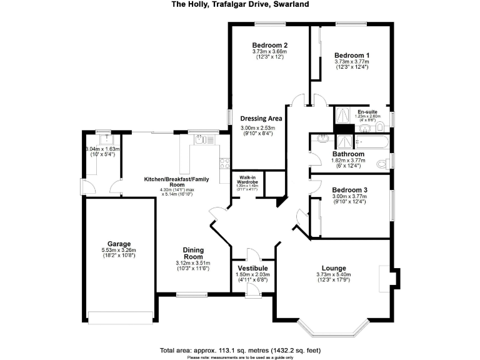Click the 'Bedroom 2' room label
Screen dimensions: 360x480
click(269, 45)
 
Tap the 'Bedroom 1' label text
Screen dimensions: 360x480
click(351, 54)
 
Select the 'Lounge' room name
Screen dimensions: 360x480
click(333, 267)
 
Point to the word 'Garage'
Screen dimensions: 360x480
click(118, 243)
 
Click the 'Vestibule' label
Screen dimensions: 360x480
click(253, 267)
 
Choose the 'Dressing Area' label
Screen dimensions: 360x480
click(261, 118)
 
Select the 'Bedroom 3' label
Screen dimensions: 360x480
click(350, 189)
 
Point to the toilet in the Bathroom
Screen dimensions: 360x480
click(382, 164)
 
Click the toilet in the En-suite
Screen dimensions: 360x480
click(380, 128)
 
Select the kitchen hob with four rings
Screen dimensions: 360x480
click(223, 164)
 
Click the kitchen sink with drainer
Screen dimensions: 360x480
click(200, 140)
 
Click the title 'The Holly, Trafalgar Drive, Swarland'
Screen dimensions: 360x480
click(240, 4)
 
